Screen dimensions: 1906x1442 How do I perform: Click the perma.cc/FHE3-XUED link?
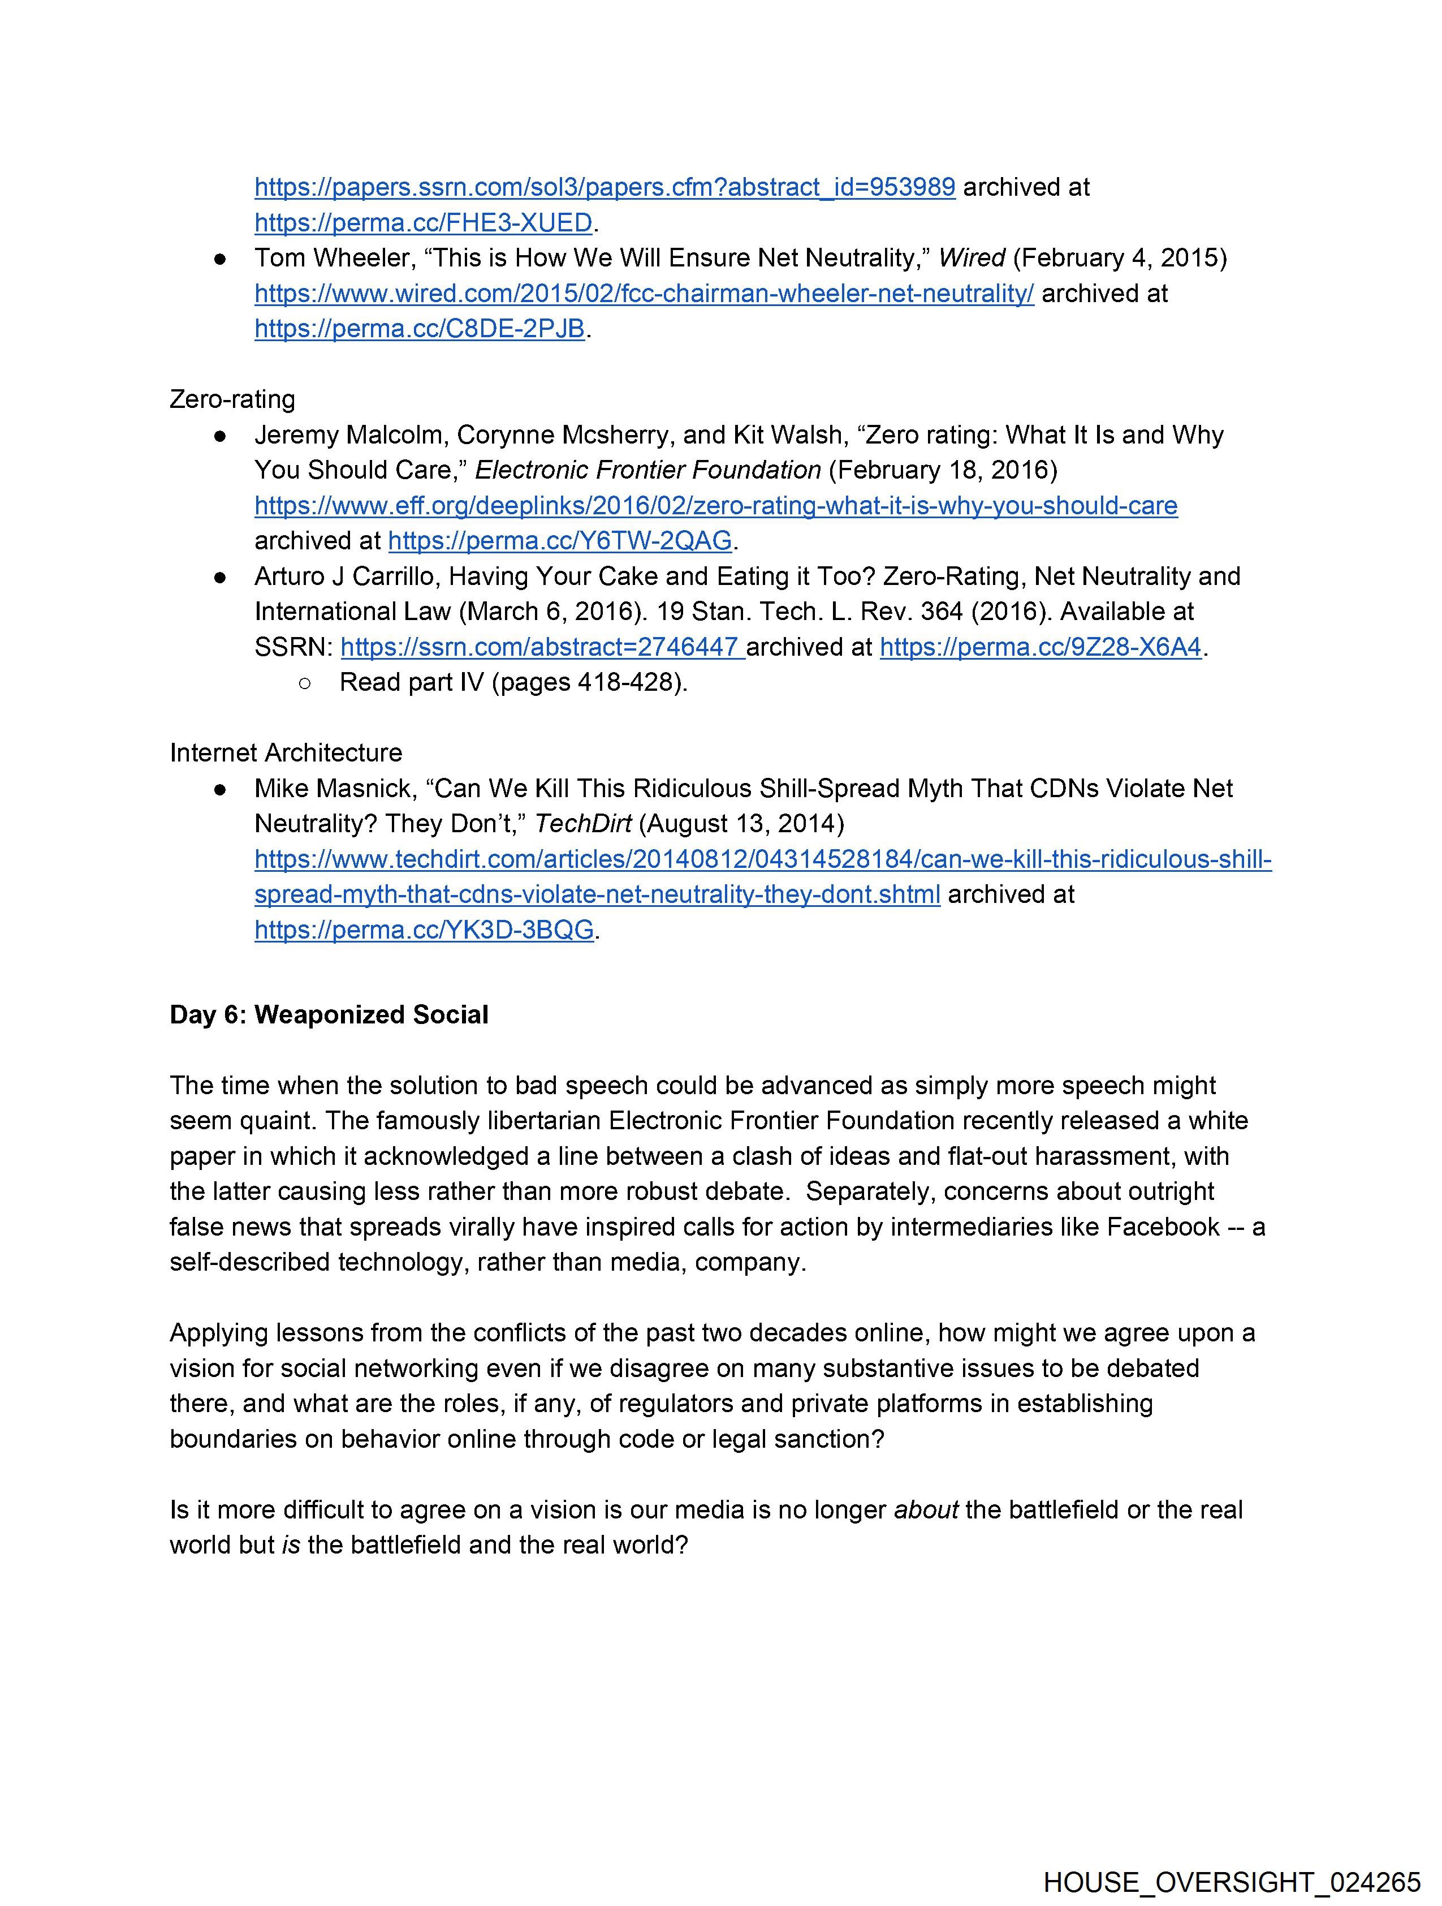[423, 222]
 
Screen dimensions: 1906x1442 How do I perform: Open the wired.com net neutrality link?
[644, 293]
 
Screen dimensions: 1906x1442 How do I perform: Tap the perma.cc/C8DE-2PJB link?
[420, 328]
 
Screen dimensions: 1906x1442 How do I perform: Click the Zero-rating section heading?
[232, 399]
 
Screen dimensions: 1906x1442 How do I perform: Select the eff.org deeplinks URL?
[715, 505]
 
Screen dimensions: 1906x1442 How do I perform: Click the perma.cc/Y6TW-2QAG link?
[560, 540]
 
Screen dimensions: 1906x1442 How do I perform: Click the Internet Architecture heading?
[286, 752]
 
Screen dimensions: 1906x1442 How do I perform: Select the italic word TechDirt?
[583, 824]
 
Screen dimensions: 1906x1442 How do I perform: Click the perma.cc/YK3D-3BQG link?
[424, 930]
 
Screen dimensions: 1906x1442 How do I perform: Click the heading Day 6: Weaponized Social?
[329, 1014]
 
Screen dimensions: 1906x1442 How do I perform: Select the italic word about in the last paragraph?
[926, 1509]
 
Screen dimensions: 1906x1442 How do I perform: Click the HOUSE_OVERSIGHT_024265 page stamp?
[1231, 1882]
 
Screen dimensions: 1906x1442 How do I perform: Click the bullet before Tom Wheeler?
[221, 259]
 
